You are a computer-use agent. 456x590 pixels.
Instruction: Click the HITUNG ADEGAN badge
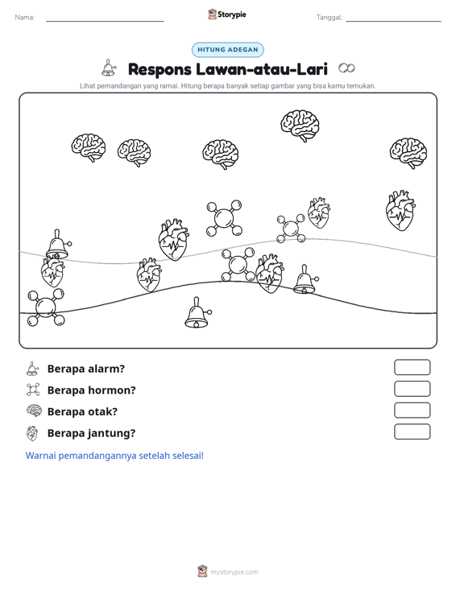point(227,50)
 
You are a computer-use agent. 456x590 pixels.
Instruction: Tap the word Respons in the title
point(160,69)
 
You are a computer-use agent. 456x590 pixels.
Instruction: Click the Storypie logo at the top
point(227,14)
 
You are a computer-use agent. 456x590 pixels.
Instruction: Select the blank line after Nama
point(105,21)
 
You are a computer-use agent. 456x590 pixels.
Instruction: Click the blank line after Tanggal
point(393,21)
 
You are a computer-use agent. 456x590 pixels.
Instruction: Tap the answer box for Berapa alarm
point(412,367)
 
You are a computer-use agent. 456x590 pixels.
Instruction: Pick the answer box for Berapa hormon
point(412,389)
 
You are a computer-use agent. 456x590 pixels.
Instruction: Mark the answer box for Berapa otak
point(412,411)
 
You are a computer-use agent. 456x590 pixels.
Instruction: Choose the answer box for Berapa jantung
point(412,431)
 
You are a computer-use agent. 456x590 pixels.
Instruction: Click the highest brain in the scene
point(300,126)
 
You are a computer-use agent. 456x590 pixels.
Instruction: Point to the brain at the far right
point(408,153)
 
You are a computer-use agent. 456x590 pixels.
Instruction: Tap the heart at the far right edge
point(400,211)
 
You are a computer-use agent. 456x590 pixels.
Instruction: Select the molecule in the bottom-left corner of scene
point(46,307)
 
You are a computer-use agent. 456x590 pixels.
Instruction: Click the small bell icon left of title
point(109,68)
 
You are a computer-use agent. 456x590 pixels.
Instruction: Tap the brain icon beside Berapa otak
point(34,411)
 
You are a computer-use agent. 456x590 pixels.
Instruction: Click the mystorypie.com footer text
point(234,572)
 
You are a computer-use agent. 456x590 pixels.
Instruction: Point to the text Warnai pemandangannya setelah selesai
point(114,456)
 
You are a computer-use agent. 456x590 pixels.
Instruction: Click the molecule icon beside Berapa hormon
point(33,390)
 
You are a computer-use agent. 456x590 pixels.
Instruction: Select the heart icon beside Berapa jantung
point(32,433)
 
